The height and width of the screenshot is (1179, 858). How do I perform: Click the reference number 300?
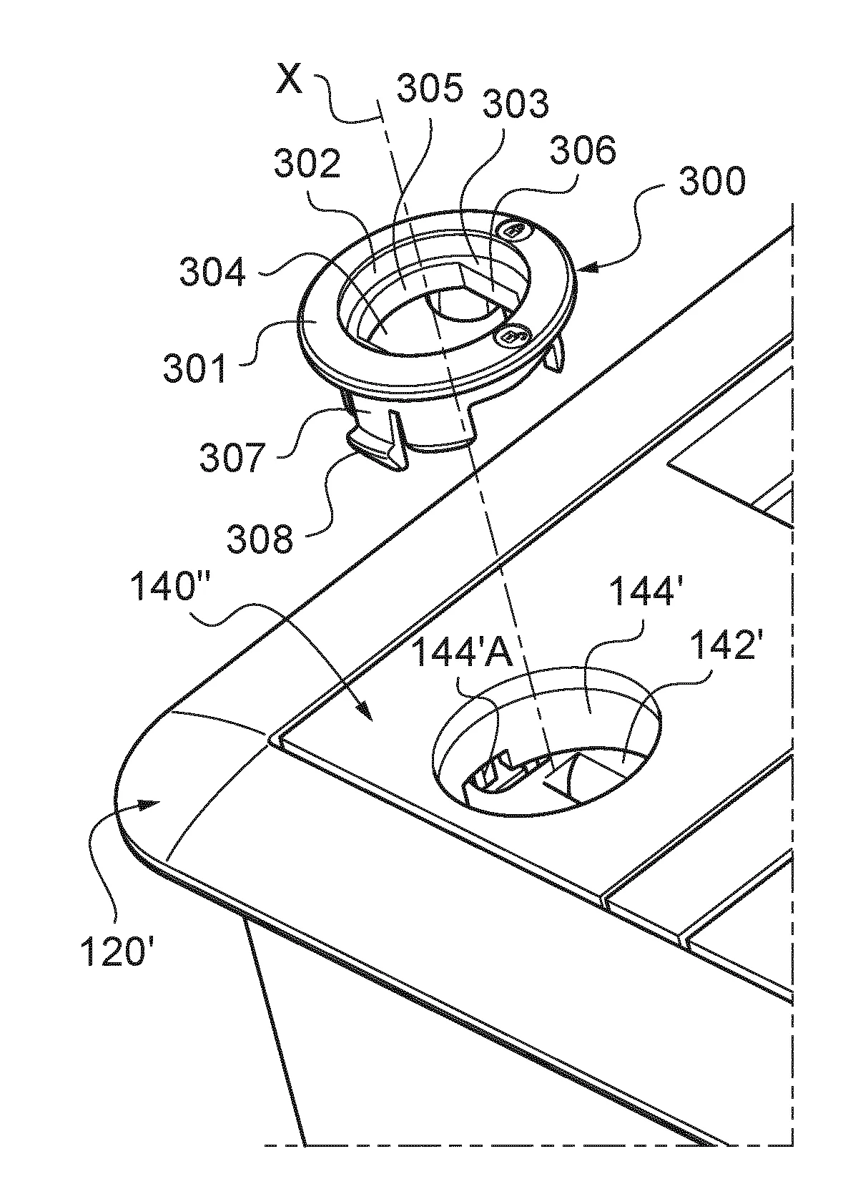tap(711, 181)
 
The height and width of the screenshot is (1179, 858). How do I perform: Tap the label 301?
tap(194, 368)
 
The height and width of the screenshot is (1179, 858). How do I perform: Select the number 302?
tap(307, 164)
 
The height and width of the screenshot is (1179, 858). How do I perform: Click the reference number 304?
tap(212, 272)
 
